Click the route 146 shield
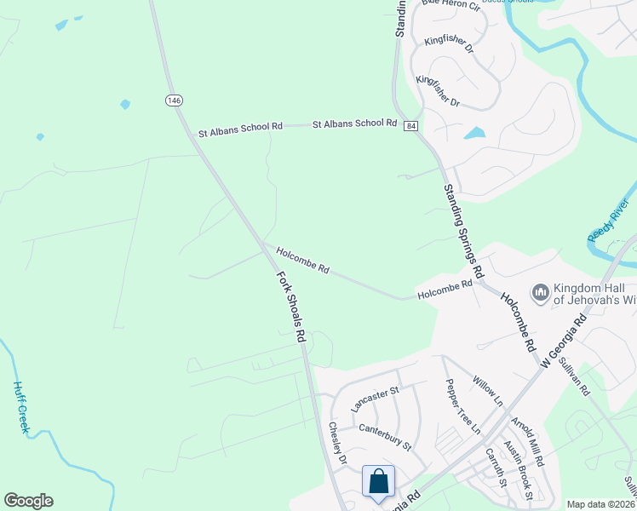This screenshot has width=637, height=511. click(x=174, y=100)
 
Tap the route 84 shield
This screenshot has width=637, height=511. click(x=411, y=126)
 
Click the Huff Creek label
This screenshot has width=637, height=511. click(x=20, y=407)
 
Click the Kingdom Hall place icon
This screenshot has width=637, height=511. click(x=539, y=293)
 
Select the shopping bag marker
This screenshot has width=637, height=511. click(x=378, y=481)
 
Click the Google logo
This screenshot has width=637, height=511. click(x=28, y=501)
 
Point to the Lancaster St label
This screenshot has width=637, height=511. click(x=375, y=399)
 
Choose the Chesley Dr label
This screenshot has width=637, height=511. click(x=338, y=444)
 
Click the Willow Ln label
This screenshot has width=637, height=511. click(x=488, y=392)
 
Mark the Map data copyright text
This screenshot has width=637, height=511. click(x=600, y=504)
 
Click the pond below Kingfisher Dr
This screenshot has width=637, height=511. click(x=474, y=133)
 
